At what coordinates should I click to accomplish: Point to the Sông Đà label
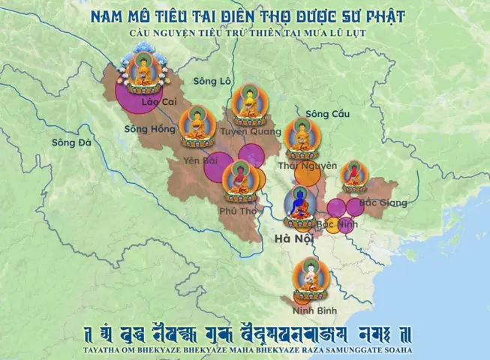click(x=71, y=142)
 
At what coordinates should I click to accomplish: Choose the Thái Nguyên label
click(x=308, y=165)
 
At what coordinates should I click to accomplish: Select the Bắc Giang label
click(x=383, y=202)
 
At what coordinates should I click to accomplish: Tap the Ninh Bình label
click(x=316, y=310)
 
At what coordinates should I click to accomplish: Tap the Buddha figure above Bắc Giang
click(x=353, y=176)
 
